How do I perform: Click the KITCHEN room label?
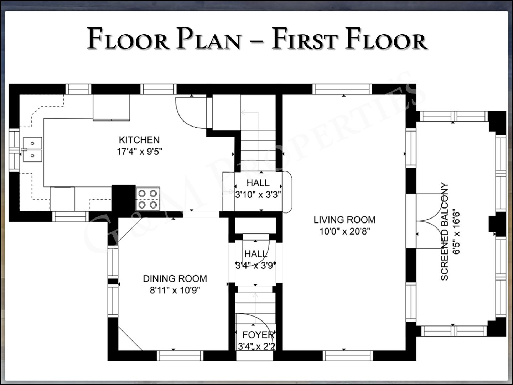(139, 140)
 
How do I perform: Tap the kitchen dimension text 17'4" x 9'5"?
(139, 152)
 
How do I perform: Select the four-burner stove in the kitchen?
(148, 199)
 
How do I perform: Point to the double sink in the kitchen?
(32, 149)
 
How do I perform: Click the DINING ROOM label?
(175, 279)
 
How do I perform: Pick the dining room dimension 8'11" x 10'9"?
(175, 290)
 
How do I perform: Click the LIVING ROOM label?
(344, 220)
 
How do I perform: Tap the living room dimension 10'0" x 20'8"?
(344, 231)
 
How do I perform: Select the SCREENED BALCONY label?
(444, 231)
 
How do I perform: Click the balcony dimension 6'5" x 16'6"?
(456, 231)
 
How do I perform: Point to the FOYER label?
(258, 335)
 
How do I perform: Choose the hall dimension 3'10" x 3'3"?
(258, 195)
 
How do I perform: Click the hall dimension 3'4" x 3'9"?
(255, 266)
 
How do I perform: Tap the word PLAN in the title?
(209, 38)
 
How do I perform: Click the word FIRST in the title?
(305, 38)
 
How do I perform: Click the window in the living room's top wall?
(342, 89)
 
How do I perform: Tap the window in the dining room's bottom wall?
(180, 356)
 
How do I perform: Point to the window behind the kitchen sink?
(14, 150)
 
